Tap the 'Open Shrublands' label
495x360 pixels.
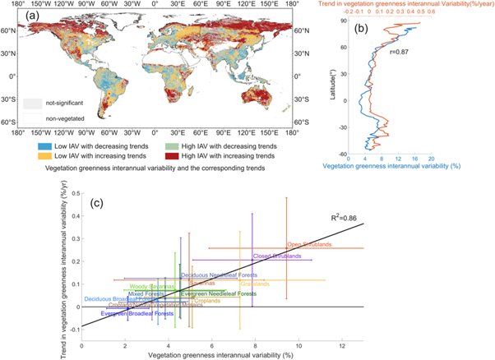click(x=310, y=244)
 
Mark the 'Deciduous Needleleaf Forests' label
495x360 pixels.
click(x=215, y=275)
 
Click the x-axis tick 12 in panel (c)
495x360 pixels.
click(x=341, y=347)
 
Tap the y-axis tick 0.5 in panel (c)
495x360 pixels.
click(x=75, y=193)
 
